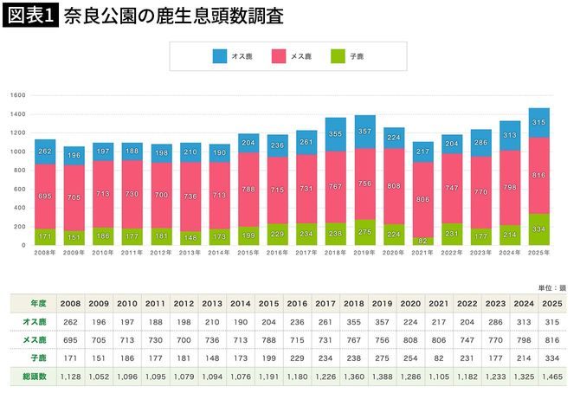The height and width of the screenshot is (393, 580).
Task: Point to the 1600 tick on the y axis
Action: pos(18,94)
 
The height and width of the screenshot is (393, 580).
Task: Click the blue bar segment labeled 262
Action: pos(45,151)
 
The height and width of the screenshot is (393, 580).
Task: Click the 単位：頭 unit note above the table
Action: pos(551,287)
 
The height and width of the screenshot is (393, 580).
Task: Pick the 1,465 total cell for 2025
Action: pos(551,376)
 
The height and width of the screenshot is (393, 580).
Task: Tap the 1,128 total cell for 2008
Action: pos(69,376)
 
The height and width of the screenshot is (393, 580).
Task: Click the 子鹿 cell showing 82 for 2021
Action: pos(437,358)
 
